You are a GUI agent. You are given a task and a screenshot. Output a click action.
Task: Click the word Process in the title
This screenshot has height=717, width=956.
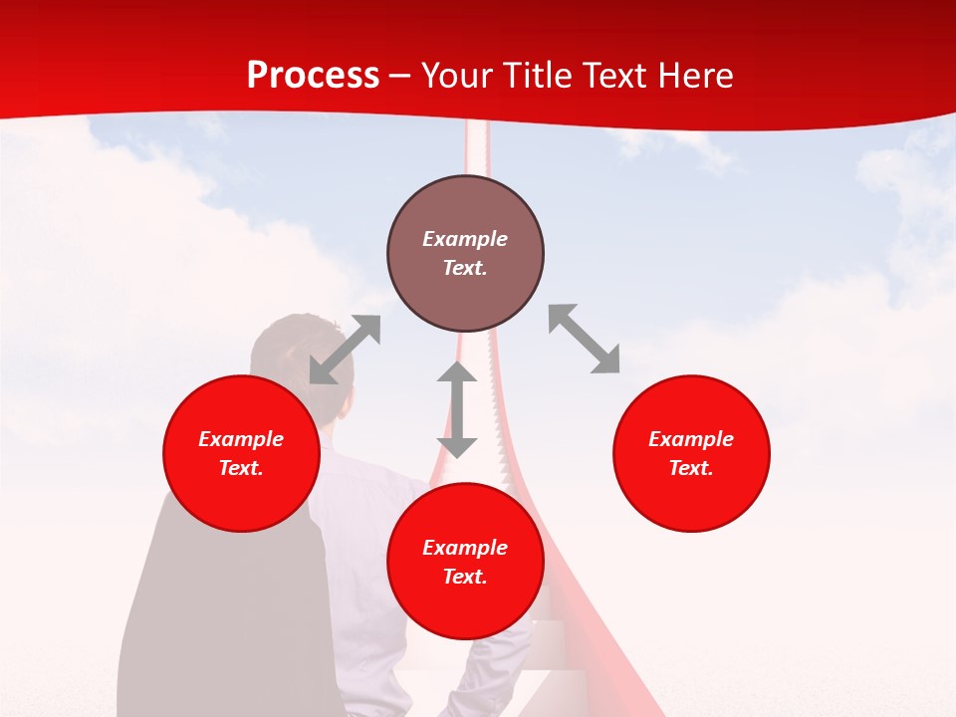coord(313,76)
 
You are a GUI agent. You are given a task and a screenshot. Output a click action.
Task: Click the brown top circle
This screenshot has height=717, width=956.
coord(465,253)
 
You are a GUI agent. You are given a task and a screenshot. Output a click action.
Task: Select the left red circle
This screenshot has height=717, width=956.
coord(241,453)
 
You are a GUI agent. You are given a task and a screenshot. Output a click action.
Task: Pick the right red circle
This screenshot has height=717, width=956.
coord(691,453)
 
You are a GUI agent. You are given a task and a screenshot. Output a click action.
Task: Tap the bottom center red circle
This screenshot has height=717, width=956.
coord(465,562)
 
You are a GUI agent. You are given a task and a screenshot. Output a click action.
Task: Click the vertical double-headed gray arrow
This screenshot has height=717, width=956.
coord(457,409)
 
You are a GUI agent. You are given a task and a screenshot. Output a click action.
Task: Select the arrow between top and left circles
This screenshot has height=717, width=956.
coord(345,350)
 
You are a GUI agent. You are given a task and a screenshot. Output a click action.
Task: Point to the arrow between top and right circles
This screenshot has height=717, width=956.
coord(584,340)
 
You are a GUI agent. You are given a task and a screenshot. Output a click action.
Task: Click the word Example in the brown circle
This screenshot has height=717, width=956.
coord(465,239)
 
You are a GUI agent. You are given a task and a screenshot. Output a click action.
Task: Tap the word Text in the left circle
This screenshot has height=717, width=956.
coord(241,468)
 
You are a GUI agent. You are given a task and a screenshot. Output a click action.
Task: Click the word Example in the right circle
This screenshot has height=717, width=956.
coord(691,439)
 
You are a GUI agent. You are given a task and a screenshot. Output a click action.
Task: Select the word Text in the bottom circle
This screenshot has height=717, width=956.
coord(465,577)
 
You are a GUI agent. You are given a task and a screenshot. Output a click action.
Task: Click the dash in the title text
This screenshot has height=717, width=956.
coord(400,77)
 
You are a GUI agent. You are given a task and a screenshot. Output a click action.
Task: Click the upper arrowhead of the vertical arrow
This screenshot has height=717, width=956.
coord(457,375)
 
